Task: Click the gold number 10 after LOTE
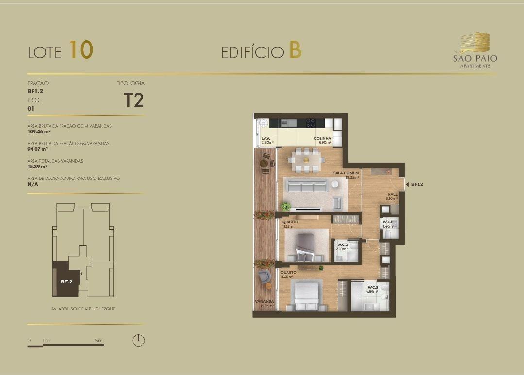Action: click(81, 50)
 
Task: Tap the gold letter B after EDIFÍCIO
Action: click(295, 50)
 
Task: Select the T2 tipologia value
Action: click(134, 99)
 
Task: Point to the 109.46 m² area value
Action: click(39, 131)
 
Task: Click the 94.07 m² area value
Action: click(37, 149)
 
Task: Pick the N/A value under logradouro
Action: click(33, 184)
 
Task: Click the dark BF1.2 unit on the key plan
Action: click(67, 279)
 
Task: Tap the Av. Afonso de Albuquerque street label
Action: click(83, 309)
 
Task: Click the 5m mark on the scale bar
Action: click(99, 340)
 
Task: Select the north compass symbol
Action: click(138, 340)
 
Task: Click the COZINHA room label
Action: click(322, 138)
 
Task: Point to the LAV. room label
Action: click(266, 138)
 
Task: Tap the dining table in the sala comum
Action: click(306, 160)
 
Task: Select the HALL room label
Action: click(393, 194)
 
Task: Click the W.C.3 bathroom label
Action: click(372, 287)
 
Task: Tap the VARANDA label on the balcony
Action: click(265, 301)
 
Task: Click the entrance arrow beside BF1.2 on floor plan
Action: click(407, 184)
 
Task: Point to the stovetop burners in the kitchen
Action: click(310, 123)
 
